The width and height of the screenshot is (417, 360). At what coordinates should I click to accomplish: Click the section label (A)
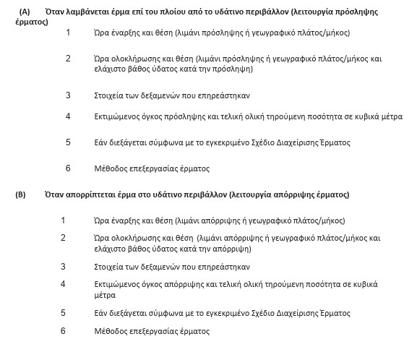[25, 12]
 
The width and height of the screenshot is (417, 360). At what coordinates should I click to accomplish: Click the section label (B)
[20, 194]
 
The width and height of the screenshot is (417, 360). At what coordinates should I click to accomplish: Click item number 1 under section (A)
[69, 33]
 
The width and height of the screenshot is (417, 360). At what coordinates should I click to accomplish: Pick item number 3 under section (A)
[69, 95]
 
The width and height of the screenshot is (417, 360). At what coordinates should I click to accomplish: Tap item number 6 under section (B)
[63, 331]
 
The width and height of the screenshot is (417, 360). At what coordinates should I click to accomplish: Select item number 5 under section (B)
[63, 313]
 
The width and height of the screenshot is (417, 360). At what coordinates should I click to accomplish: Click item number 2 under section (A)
[69, 59]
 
